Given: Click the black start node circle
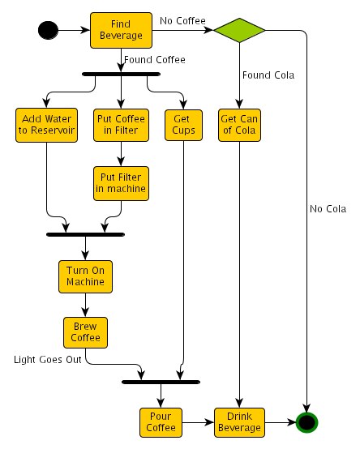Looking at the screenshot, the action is [48, 30].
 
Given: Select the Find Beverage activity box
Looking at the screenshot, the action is [121, 30].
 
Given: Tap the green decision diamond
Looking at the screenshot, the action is [239, 30].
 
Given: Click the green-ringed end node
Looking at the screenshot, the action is [306, 422].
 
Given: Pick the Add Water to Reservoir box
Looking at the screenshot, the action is [46, 125].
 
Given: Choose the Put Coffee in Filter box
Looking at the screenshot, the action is [121, 125].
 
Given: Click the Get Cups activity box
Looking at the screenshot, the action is [183, 125].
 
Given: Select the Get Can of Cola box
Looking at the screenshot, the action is [239, 125].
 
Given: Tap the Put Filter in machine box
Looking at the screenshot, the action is [121, 183].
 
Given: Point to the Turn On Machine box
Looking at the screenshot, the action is [85, 276].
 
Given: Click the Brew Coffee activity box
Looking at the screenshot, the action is [85, 332].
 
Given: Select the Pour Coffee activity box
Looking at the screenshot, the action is [161, 422].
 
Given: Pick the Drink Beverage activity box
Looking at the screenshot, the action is [239, 422].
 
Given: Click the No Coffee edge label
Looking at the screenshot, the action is [182, 21].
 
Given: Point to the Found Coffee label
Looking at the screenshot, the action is [155, 60].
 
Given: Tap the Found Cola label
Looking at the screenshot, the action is [268, 75].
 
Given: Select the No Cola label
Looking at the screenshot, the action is [328, 209].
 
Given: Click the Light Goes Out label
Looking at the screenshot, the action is [48, 360].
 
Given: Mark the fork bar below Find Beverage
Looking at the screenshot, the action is [121, 75].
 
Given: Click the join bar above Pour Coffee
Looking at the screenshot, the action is [161, 382].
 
